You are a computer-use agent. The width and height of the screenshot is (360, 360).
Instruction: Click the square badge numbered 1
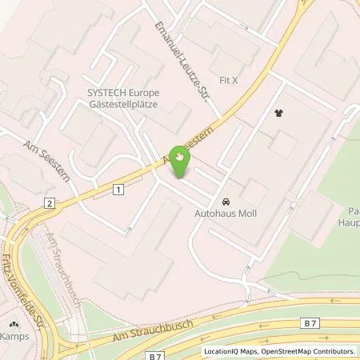tap(119, 188)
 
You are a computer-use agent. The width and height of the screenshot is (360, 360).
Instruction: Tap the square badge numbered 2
tap(50, 204)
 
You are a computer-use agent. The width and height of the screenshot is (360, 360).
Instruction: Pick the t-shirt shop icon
tap(279, 114)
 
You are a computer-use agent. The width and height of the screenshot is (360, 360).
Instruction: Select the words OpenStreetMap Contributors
tap(310, 350)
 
